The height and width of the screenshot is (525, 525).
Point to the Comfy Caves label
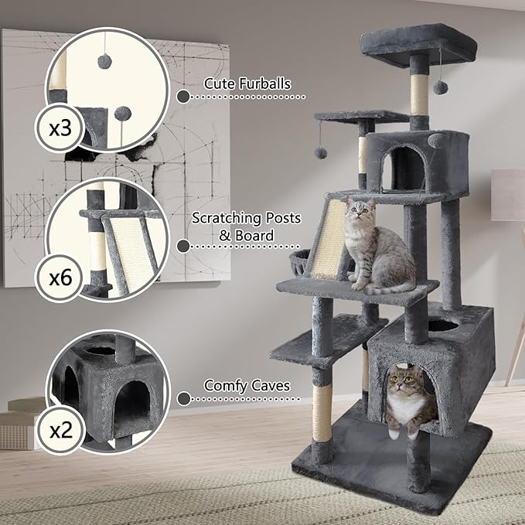[247, 384]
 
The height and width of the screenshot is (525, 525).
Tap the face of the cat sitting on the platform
[360, 210]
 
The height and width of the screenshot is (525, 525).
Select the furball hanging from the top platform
[440, 88]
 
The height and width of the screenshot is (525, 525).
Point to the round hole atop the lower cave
[441, 326]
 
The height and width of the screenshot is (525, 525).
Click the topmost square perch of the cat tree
[418, 44]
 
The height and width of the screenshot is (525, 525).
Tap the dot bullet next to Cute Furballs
[183, 97]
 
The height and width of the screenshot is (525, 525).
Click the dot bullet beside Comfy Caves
[183, 399]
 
